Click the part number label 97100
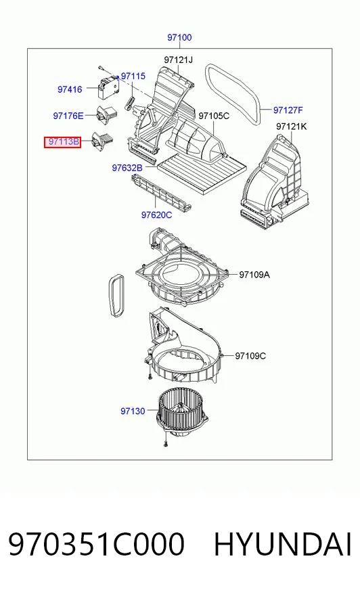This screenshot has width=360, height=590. [179, 38]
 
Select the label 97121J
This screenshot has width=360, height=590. [178, 60]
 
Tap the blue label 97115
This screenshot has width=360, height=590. [133, 76]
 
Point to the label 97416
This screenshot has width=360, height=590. [70, 89]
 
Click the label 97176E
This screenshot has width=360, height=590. [68, 116]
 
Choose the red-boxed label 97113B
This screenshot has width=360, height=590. [63, 142]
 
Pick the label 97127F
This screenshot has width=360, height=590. [288, 110]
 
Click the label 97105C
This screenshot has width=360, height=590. [214, 116]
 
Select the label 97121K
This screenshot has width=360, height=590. [291, 127]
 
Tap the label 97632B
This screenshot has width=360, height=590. [127, 168]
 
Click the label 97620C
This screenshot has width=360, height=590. [156, 215]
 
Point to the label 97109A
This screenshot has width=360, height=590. [254, 275]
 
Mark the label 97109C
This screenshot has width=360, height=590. [250, 356]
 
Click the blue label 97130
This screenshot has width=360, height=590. [133, 411]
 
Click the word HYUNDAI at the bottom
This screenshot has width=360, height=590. [282, 544]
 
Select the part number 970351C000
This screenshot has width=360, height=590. [96, 544]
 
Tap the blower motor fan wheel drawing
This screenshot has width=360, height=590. [182, 413]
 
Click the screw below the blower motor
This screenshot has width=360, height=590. [166, 444]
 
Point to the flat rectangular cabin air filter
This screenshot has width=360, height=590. [202, 173]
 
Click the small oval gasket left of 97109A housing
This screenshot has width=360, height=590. [116, 296]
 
